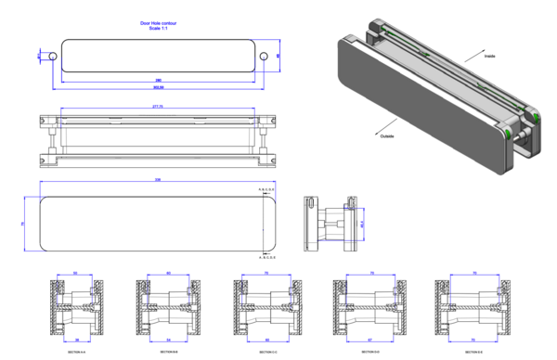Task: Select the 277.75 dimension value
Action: coord(158,108)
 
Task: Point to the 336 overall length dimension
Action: coord(158,180)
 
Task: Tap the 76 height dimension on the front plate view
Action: coord(22,224)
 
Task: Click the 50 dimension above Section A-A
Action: coord(75,274)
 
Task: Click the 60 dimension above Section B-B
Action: coord(168,274)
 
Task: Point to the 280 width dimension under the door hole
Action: coord(158,81)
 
